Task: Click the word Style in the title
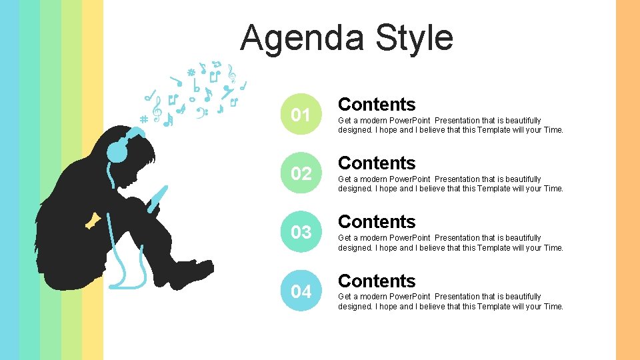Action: click(x=414, y=37)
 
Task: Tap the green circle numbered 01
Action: click(x=301, y=115)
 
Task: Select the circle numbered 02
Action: click(x=301, y=173)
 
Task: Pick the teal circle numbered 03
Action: click(x=301, y=232)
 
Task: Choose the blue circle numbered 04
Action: click(x=301, y=291)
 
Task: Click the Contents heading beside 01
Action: click(x=377, y=105)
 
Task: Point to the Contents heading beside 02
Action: click(x=377, y=163)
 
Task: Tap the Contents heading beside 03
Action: click(x=377, y=222)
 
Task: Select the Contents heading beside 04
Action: click(x=377, y=281)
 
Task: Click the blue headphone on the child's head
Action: click(x=118, y=150)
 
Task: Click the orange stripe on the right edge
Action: click(x=627, y=180)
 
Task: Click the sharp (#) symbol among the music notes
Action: click(x=142, y=119)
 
